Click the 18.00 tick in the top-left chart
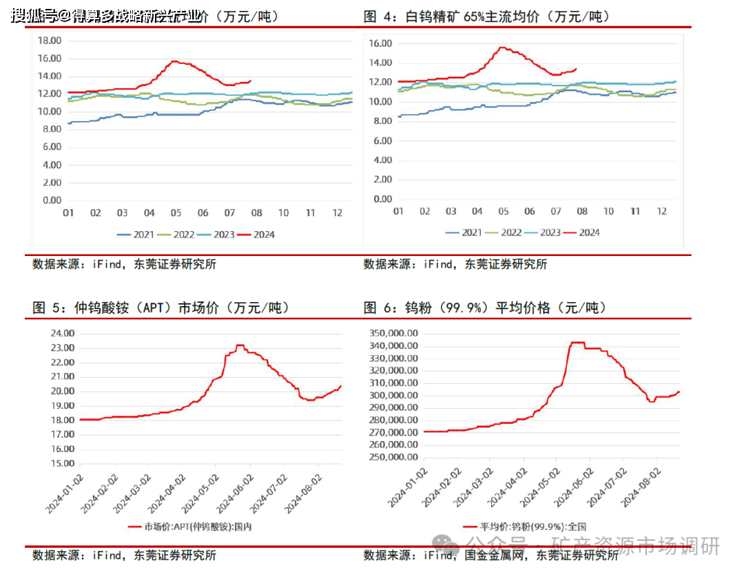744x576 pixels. click(52, 41)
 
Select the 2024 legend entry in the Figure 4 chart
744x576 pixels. click(582, 233)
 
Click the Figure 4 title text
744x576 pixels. click(487, 17)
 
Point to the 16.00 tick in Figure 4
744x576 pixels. click(380, 43)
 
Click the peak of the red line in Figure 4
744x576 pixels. click(502, 47)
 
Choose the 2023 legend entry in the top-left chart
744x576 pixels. click(216, 235)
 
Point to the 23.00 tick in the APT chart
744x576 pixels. click(62, 348)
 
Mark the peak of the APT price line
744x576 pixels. click(240, 345)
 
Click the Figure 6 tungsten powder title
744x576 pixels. click(490, 308)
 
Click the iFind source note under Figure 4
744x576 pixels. click(455, 264)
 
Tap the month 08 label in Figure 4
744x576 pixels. click(582, 211)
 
